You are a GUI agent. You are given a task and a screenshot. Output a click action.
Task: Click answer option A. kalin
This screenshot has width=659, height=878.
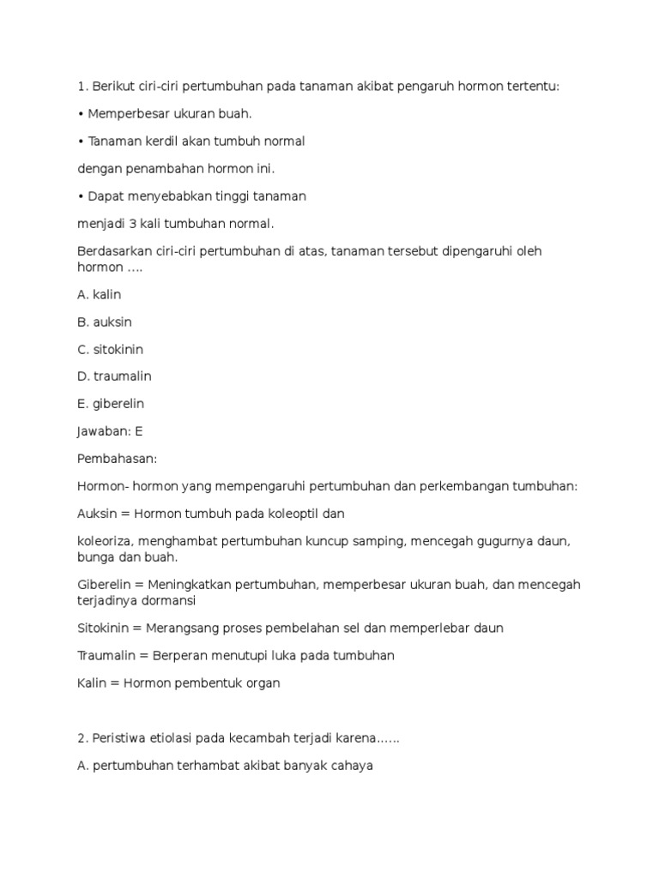pos(99,295)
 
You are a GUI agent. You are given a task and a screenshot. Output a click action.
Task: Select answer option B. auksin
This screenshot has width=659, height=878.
pos(104,322)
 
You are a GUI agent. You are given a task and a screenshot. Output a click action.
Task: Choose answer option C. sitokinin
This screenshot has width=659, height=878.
pos(110,350)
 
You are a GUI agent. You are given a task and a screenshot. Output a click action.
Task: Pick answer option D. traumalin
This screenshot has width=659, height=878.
pos(113,376)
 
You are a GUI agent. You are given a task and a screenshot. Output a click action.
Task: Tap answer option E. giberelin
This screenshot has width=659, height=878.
pos(110,404)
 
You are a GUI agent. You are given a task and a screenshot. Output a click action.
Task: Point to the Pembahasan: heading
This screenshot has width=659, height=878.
pos(117,459)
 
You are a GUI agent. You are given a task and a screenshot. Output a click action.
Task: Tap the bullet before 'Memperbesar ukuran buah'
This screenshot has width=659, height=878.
pos(80,114)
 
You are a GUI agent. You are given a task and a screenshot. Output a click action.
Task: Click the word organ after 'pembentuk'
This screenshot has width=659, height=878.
pos(263,683)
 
